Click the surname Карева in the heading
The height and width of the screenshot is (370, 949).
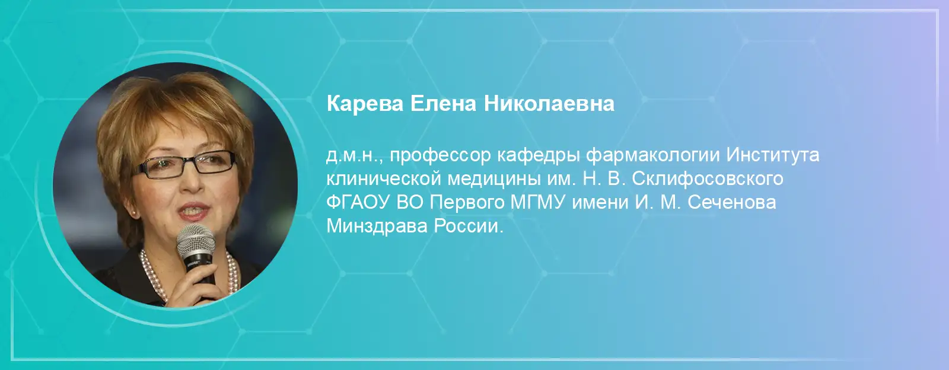(364, 104)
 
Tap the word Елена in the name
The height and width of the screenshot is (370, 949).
(443, 104)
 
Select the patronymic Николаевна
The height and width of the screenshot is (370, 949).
(549, 104)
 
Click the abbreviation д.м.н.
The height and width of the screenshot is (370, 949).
(355, 156)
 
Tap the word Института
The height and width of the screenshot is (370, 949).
(773, 155)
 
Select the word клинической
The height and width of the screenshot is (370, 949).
(384, 179)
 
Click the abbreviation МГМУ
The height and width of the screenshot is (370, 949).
(537, 203)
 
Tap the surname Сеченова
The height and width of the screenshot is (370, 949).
(732, 203)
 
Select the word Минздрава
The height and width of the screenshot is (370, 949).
(377, 227)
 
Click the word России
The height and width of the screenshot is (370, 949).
(469, 227)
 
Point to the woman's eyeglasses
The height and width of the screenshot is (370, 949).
(184, 165)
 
